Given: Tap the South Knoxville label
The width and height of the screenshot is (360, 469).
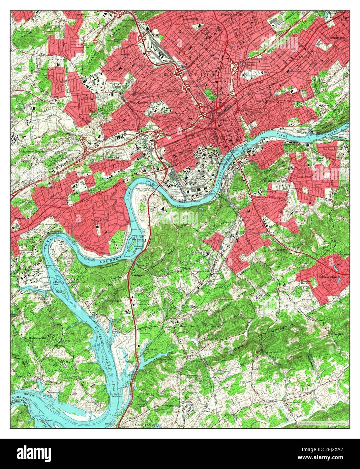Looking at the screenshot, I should click(275, 181).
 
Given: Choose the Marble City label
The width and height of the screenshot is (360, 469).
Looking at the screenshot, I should click(112, 158).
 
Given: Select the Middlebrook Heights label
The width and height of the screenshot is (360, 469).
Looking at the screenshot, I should click(32, 152).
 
